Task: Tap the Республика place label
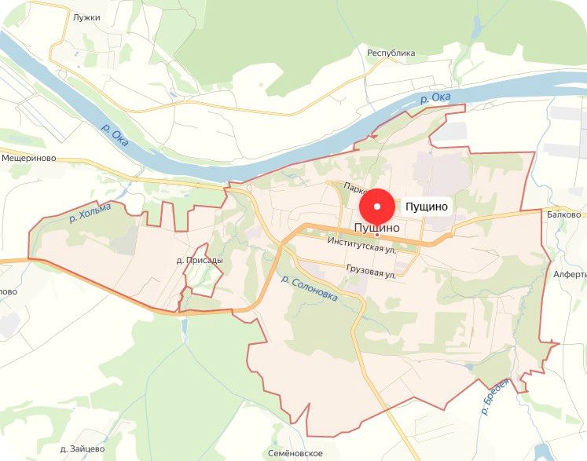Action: (x=391, y=53)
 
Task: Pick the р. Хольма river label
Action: (x=90, y=210)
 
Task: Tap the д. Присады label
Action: (x=200, y=260)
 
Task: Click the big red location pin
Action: (x=378, y=207)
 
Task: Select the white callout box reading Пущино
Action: (x=427, y=207)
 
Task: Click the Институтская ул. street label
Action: (x=362, y=244)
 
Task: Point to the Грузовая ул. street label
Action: (x=369, y=271)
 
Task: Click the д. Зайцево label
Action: (x=83, y=449)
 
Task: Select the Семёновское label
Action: (x=295, y=453)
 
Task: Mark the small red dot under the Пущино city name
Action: (x=377, y=235)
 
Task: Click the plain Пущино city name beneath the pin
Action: (x=377, y=227)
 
